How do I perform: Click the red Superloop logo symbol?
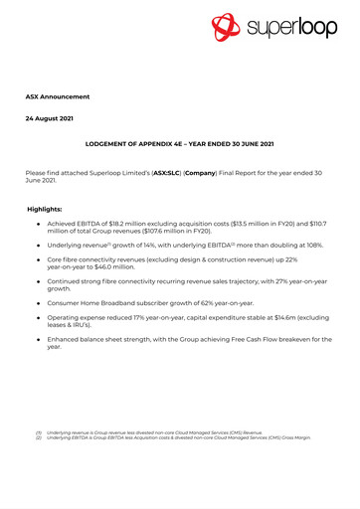228,27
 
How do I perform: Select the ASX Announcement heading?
57,96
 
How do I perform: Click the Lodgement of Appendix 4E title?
180,144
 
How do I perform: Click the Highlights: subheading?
44,210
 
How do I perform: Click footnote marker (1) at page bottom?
37,433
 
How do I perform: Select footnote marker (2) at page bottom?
37,438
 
